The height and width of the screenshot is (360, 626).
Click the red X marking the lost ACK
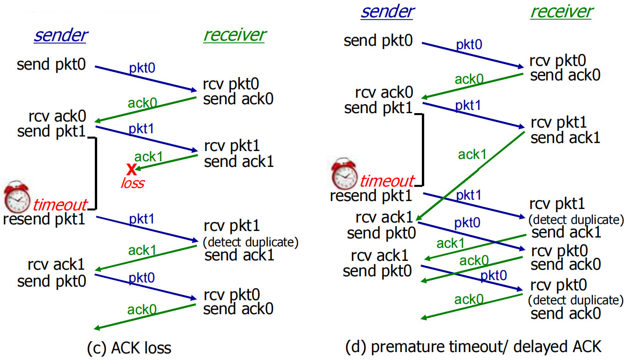point(131,169)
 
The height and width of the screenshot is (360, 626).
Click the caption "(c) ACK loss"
point(129,348)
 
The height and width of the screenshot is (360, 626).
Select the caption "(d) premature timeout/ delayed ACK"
point(473,346)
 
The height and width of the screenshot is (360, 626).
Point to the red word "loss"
point(132,183)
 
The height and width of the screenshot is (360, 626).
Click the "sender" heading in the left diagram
point(60,35)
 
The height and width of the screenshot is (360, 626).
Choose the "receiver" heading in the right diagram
point(561,11)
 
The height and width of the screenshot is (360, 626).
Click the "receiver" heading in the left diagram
point(234,35)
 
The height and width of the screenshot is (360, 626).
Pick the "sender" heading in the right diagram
point(387,11)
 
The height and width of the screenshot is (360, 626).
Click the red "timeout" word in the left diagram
point(60,205)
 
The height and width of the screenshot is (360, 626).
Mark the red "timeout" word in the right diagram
point(387,181)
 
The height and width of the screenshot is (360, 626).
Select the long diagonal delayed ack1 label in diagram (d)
point(472,154)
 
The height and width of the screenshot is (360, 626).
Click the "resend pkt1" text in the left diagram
point(44,219)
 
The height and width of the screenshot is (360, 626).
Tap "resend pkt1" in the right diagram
point(371,195)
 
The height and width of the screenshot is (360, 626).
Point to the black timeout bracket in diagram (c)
point(96,173)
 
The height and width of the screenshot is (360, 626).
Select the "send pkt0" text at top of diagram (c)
point(51,64)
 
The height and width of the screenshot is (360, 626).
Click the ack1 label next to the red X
point(148,157)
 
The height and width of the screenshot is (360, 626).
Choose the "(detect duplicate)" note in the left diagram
point(250,243)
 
